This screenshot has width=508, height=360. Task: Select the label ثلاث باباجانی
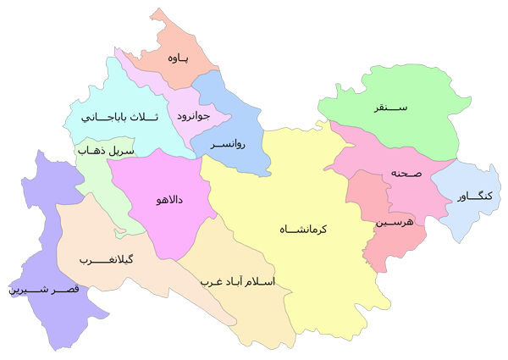114,118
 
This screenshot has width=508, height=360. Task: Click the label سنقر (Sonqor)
390,108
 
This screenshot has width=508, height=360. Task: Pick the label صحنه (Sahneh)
406,173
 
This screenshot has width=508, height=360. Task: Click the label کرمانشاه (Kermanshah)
306,229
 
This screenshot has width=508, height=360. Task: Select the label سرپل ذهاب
104,151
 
